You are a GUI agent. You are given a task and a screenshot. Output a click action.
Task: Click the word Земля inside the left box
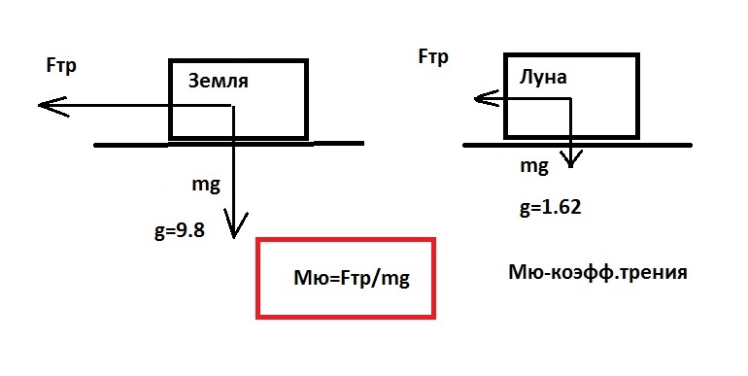(x=219, y=81)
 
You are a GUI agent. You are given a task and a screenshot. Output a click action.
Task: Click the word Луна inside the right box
(x=543, y=77)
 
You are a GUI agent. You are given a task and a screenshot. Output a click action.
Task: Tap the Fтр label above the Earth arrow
(x=61, y=66)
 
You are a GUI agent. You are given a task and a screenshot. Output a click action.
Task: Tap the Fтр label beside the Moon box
(x=433, y=56)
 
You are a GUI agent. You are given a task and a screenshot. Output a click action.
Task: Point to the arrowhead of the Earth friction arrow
(x=40, y=105)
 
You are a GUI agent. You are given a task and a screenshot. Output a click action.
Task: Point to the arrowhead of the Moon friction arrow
(x=476, y=99)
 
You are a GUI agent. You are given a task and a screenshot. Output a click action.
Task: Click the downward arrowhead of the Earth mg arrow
(x=233, y=236)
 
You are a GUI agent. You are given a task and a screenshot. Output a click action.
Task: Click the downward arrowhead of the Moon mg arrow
(x=570, y=165)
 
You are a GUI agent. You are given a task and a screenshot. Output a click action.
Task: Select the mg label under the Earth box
(x=206, y=185)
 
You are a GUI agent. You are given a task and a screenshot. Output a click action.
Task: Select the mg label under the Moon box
(x=534, y=166)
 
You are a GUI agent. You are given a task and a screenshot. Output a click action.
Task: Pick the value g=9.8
(x=180, y=231)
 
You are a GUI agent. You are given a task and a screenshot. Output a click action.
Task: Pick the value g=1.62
(x=551, y=208)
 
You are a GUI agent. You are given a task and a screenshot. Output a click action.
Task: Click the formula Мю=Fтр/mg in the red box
(x=352, y=278)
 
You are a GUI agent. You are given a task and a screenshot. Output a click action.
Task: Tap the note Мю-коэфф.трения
(x=597, y=272)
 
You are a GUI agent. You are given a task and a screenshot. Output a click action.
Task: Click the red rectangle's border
(x=346, y=239)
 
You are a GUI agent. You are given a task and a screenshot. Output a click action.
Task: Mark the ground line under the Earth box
(x=229, y=144)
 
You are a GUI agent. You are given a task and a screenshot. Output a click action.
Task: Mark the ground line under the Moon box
(x=577, y=145)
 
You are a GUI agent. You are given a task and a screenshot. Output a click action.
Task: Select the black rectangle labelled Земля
(x=238, y=60)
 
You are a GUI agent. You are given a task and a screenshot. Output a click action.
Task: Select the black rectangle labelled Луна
(x=571, y=55)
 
